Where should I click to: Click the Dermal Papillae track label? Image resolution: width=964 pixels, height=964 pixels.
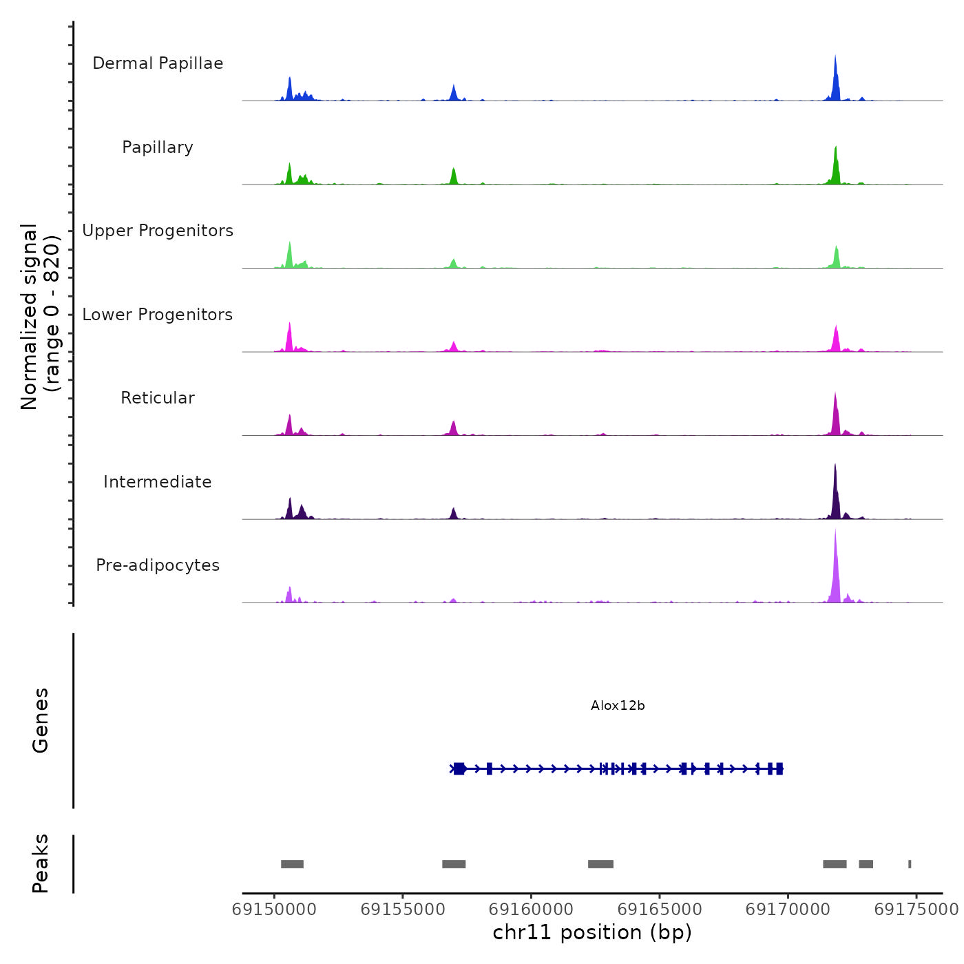158,63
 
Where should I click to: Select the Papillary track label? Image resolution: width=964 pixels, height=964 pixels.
158,147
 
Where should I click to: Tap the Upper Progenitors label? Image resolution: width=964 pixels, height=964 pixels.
158,231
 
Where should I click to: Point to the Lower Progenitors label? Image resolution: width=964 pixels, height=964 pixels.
158,315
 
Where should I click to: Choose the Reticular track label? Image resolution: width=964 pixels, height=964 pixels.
158,398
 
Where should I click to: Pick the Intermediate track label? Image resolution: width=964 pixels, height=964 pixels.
158,482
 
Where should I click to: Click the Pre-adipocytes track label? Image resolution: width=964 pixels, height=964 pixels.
158,565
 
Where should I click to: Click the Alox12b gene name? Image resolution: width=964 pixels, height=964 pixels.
618,706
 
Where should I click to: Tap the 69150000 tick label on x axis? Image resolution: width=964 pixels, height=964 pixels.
274,910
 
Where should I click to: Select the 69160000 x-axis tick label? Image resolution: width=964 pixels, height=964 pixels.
531,910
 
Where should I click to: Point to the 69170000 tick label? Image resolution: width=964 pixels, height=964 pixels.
788,910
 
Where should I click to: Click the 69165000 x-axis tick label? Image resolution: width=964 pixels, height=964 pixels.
660,910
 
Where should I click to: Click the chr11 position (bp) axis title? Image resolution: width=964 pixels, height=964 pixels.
592,933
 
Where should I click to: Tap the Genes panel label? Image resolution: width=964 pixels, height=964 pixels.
41,720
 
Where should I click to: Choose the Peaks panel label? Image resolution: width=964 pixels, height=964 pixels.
41,863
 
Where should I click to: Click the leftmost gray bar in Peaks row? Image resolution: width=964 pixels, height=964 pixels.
292,864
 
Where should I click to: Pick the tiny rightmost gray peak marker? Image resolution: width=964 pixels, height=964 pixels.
910,864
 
